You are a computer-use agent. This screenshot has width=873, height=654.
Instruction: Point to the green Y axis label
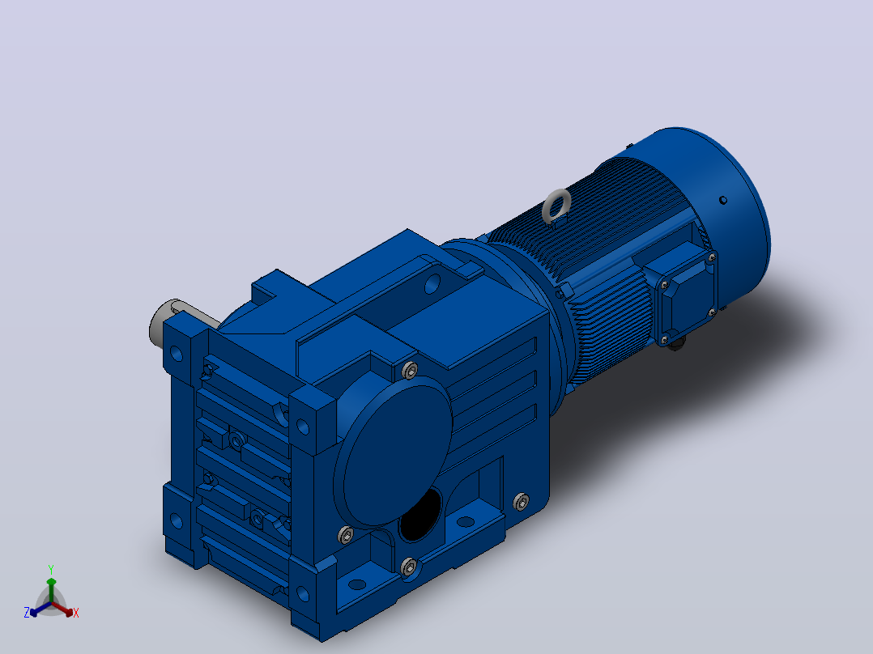tap(51, 569)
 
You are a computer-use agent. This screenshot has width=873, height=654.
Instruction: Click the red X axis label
tap(76, 613)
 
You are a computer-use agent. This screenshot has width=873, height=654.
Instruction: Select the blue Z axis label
tap(26, 612)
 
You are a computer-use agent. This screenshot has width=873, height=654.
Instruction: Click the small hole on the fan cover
tap(722, 200)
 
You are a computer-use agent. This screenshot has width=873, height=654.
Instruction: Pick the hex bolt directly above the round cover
tap(410, 370)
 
